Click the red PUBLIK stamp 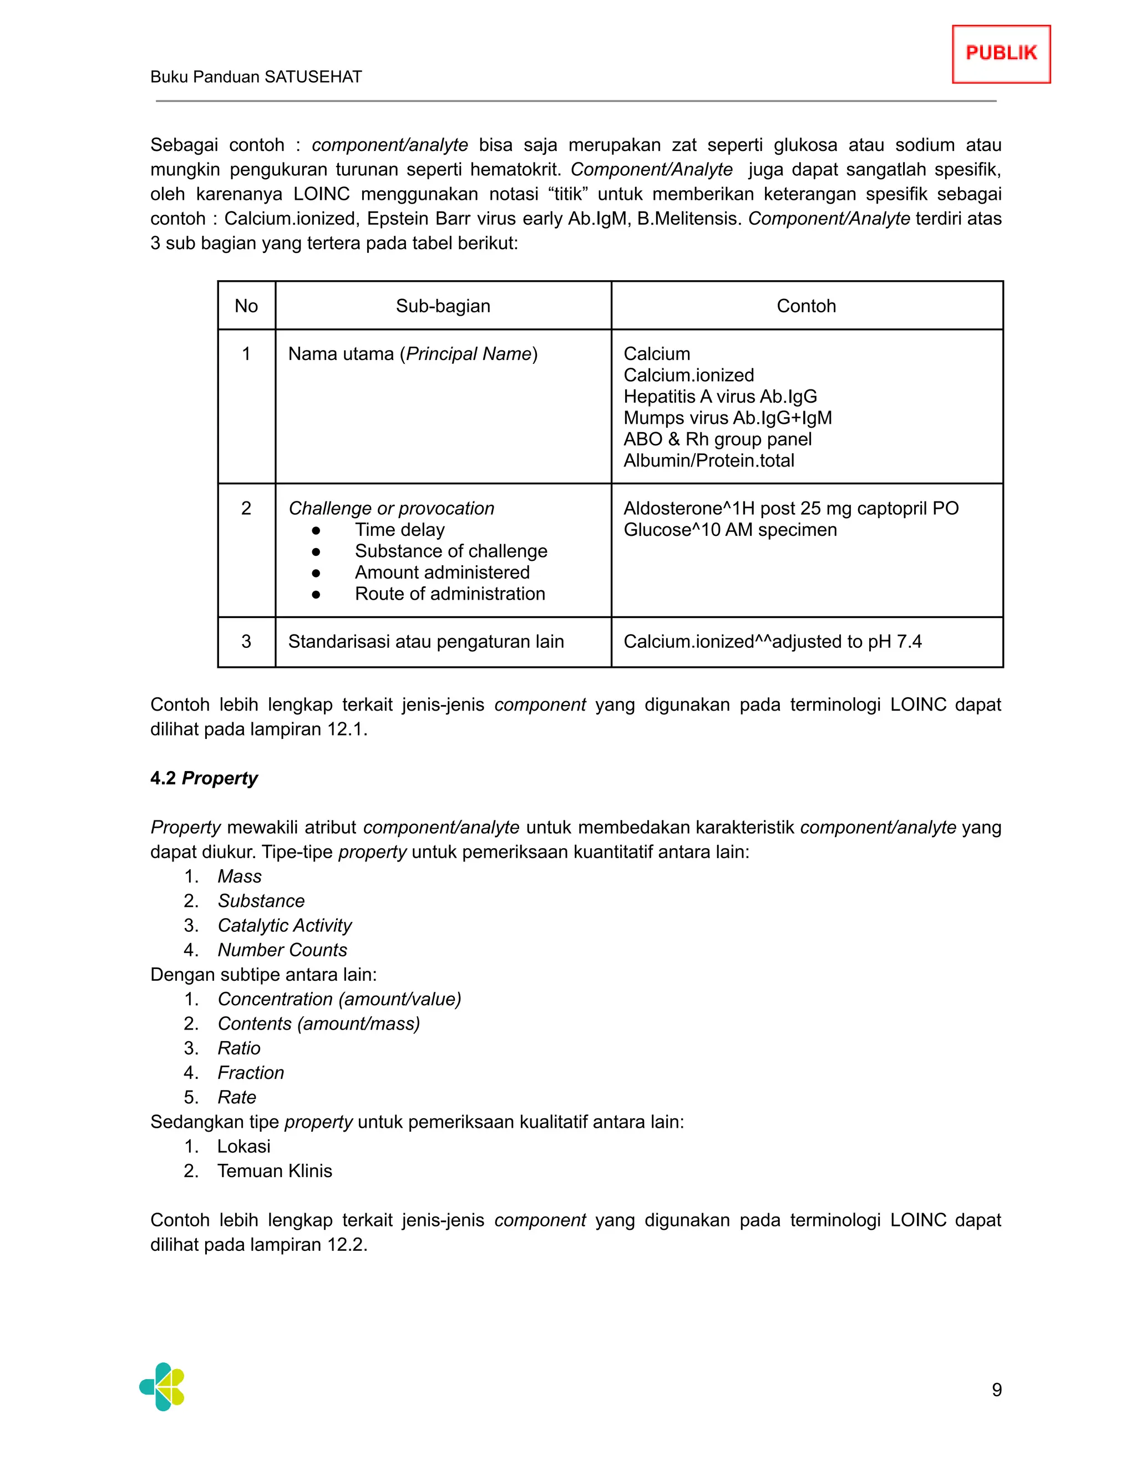pos(1001,54)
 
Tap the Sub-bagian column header pos(443,306)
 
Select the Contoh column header pos(806,306)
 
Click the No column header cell pos(246,306)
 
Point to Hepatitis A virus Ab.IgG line pos(720,397)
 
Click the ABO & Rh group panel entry pos(717,439)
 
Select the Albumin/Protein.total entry pos(709,460)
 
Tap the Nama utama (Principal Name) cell pos(413,354)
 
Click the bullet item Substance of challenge pos(451,551)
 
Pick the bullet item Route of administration pos(449,594)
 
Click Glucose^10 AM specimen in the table pos(730,530)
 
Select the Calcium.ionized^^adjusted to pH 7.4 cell pos(773,641)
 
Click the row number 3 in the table pos(246,641)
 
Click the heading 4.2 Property pos(204,778)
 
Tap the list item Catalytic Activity pos(285,925)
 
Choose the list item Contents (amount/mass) pos(319,1024)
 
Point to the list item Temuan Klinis pos(275,1171)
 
